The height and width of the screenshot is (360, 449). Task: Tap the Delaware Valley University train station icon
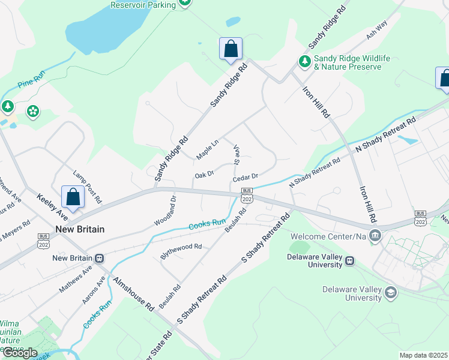349,261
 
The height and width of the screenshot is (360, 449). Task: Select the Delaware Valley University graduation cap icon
391,292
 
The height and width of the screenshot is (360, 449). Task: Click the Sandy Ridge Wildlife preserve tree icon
305,61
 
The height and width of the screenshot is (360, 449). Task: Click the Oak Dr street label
204,175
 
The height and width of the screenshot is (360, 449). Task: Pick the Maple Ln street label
207,150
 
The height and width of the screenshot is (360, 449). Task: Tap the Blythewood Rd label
181,251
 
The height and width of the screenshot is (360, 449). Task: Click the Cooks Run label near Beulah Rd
207,224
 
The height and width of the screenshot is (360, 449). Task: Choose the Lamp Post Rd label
88,185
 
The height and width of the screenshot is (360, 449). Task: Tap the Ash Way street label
377,34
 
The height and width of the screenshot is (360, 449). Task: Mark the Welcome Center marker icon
375,234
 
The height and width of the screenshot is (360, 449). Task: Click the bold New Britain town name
80,229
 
